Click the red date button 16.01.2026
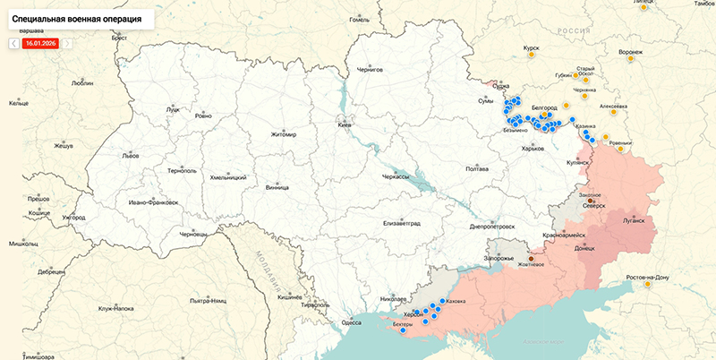(x=40, y=42)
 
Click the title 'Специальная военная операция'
(x=76, y=18)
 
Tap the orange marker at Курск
(x=532, y=55)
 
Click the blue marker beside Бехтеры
(x=404, y=330)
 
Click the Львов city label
(x=131, y=155)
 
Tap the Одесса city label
(x=352, y=322)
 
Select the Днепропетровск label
(x=492, y=227)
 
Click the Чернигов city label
(x=370, y=69)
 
